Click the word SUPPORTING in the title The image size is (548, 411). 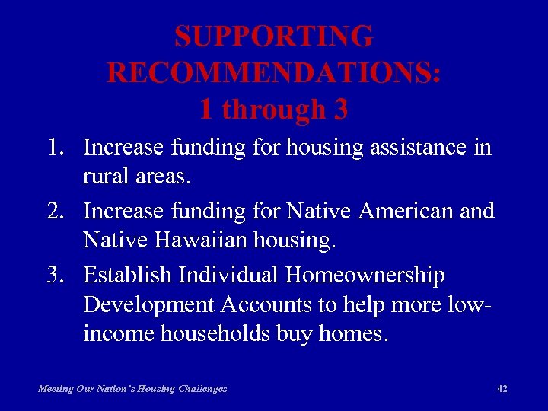(273, 37)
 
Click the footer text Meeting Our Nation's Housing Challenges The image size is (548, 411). (132, 389)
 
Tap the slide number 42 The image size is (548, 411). (502, 389)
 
